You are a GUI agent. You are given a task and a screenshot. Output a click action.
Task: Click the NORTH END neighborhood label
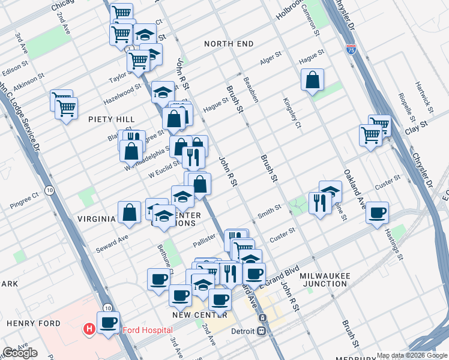pyautogui.click(x=228, y=44)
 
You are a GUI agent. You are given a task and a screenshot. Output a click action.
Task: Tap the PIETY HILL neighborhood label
pyautogui.click(x=111, y=119)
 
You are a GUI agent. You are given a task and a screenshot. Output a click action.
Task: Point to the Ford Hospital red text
pyautogui.click(x=148, y=330)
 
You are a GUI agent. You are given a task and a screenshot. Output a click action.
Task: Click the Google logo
pyautogui.click(x=20, y=353)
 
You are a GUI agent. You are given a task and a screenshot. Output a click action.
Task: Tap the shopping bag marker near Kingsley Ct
pyautogui.click(x=312, y=80)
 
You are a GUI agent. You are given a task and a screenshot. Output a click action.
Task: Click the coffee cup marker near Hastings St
pyautogui.click(x=377, y=213)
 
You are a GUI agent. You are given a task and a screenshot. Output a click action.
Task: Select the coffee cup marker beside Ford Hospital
pyautogui.click(x=108, y=323)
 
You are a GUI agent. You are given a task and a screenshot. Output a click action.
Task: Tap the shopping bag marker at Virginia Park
pyautogui.click(x=130, y=212)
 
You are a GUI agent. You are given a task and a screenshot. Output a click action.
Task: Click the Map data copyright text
pyautogui.click(x=412, y=355)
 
